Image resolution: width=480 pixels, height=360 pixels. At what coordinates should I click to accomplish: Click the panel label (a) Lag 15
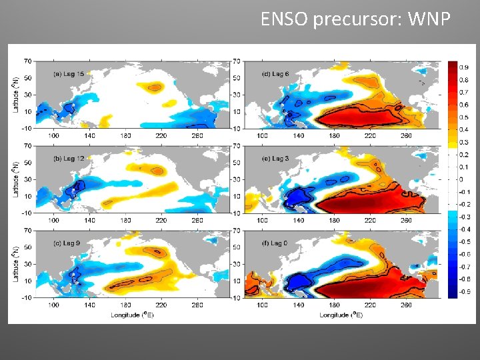[69, 73]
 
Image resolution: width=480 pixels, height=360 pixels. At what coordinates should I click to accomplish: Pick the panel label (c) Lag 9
[67, 242]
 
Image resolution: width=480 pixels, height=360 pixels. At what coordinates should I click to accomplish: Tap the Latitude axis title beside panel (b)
[15, 176]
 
